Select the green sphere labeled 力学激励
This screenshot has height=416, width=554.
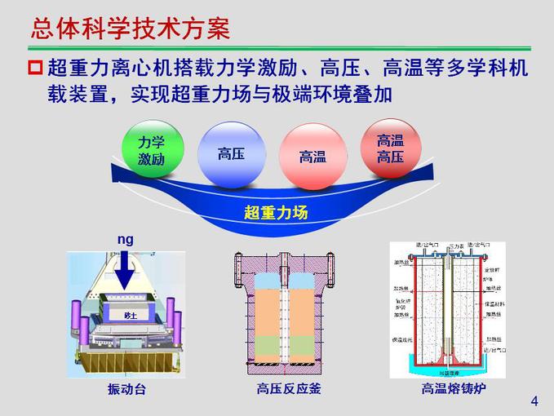[x=152, y=151]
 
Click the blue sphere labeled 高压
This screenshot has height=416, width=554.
[x=231, y=153]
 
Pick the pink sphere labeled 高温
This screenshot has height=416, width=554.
[x=312, y=156]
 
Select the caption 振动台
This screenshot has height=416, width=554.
[x=126, y=389]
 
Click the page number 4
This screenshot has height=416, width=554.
[x=534, y=401]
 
